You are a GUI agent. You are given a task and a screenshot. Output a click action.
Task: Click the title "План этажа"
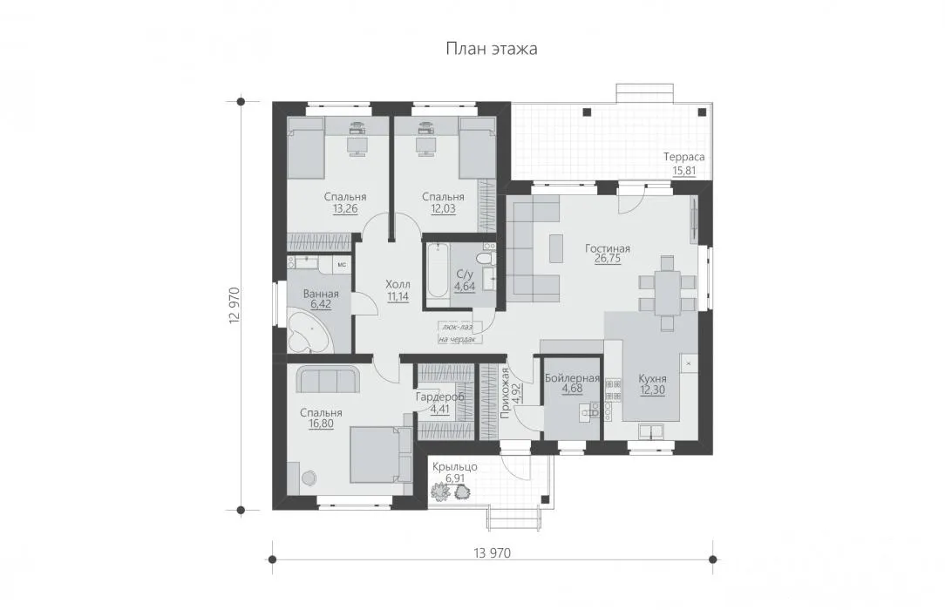coord(491,48)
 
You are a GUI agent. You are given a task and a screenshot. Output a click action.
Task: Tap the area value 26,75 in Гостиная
coord(608,259)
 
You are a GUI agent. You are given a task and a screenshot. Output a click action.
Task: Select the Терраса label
coord(684,157)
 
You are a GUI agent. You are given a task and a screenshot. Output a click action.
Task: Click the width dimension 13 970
coord(493,552)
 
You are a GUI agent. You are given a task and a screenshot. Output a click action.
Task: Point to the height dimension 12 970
coord(235,305)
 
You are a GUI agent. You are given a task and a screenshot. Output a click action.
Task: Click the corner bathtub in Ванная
coord(309,332)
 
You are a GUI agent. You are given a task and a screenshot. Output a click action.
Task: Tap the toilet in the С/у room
coord(485,258)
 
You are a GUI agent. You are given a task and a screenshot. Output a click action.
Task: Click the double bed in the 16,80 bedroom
coord(381,455)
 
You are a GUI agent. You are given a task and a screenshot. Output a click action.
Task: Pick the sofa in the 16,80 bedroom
coord(328,379)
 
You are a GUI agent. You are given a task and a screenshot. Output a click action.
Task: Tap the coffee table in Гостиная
coord(555,248)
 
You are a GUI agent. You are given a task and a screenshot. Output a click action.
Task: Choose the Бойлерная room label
coord(572,378)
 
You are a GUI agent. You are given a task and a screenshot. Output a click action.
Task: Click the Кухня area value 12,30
coord(653,390)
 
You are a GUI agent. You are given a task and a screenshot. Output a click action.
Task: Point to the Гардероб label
coord(440,397)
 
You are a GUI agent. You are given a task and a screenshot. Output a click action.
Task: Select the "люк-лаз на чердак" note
coord(458,333)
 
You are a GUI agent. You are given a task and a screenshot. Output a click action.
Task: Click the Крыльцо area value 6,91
coord(455,478)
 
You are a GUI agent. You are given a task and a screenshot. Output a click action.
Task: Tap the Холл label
coord(398,284)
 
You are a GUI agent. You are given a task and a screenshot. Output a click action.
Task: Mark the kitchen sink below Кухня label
coord(652,431)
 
